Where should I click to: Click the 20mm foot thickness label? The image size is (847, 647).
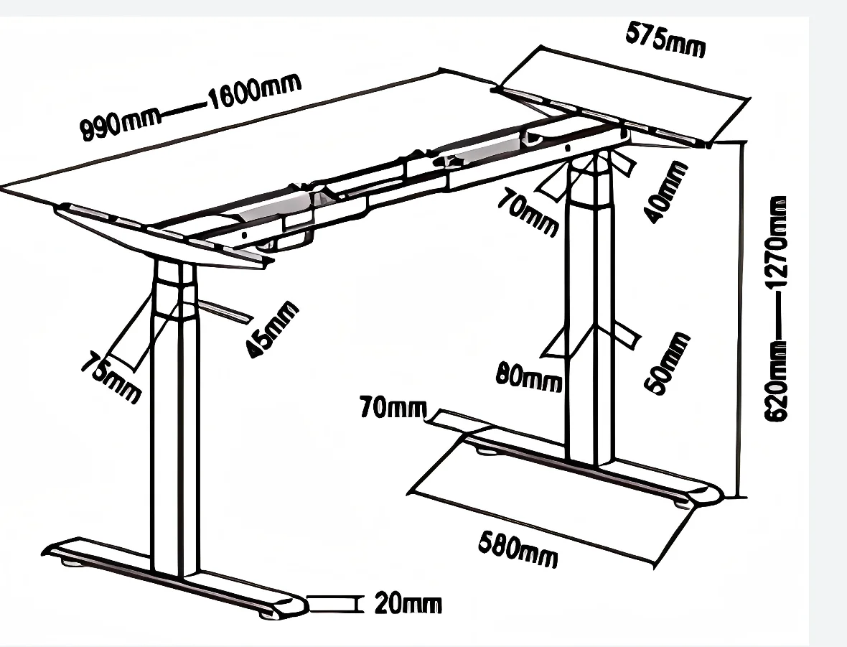(408, 604)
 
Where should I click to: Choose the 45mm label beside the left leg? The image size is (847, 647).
(271, 330)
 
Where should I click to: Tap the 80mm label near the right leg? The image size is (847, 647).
(529, 376)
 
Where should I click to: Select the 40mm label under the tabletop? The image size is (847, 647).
(666, 192)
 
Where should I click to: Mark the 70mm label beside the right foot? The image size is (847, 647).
(392, 409)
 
